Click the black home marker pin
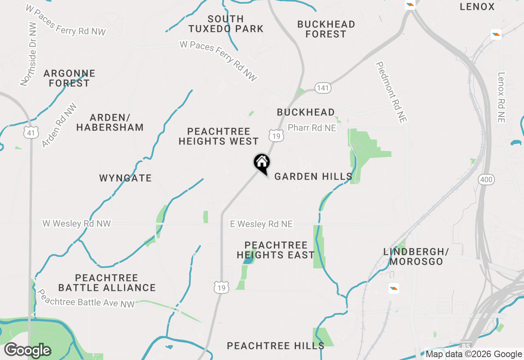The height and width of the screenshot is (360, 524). tap(262, 163)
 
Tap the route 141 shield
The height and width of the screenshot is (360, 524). tap(323, 88)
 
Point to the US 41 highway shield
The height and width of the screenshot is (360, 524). tap(32, 132)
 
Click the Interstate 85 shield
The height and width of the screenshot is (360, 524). tap(465, 346)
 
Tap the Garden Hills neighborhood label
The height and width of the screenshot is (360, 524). tap(313, 176)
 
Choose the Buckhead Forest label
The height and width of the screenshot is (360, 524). tap(326, 29)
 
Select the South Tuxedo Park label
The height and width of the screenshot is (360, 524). tap(226, 24)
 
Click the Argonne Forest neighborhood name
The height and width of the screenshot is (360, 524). tap(69, 78)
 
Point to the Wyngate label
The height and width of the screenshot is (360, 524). tap(125, 178)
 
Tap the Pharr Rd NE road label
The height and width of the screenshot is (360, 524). tap(312, 128)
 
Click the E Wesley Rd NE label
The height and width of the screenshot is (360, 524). tap(261, 224)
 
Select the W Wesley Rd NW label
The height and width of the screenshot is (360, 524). tap(77, 224)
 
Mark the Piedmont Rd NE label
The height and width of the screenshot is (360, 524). tap(392, 92)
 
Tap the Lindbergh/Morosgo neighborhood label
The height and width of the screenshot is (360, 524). tap(416, 256)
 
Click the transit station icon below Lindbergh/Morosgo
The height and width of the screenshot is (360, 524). tap(394, 288)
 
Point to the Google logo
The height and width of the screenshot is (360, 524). tap(27, 350)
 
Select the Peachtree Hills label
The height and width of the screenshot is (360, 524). tap(276, 346)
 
